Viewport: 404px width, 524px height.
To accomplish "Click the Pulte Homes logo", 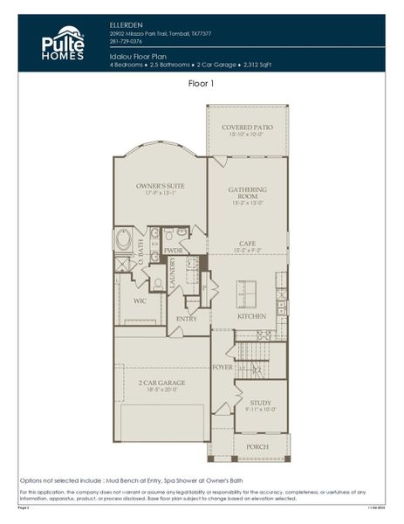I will click(x=63, y=44).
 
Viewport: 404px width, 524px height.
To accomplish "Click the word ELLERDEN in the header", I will click(x=128, y=25).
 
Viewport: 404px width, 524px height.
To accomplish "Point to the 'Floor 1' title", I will click(x=202, y=84).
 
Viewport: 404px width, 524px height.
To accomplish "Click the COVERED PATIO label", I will click(x=247, y=127).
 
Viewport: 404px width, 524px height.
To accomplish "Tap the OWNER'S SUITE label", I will click(x=159, y=186).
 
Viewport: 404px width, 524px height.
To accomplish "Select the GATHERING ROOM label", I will click(x=248, y=193).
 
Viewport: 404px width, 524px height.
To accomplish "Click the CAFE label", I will click(x=248, y=244).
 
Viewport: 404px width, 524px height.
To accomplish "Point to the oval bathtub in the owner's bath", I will click(x=124, y=239).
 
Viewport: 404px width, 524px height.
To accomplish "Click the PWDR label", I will click(x=174, y=250).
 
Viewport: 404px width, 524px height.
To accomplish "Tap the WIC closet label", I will click(x=140, y=300).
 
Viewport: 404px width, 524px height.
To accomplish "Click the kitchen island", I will click(x=248, y=289).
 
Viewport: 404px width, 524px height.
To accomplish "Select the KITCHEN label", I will click(x=251, y=315).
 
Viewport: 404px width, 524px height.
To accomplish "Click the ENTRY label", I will click(x=187, y=319).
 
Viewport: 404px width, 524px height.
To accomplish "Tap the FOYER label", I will click(x=223, y=367).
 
